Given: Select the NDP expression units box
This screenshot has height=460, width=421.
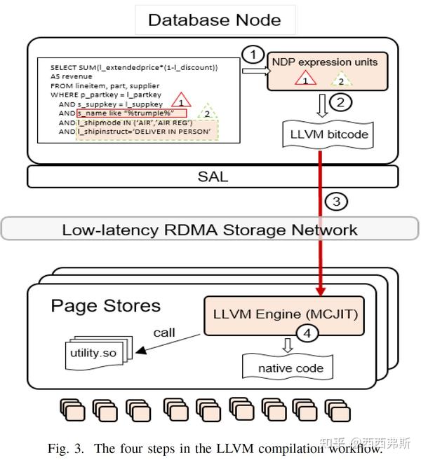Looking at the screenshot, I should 326,71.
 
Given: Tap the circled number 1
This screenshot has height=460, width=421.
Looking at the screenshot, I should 254,55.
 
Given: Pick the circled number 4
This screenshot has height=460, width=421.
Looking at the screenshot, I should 305,334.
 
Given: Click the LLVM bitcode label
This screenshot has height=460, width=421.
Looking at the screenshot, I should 325,134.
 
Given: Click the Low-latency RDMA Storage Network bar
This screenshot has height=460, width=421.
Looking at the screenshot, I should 210,230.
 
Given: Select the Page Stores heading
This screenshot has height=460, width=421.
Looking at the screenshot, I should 105,306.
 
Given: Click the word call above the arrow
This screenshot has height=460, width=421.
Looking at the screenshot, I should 163,333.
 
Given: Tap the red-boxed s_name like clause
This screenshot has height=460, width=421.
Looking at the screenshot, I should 132,113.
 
